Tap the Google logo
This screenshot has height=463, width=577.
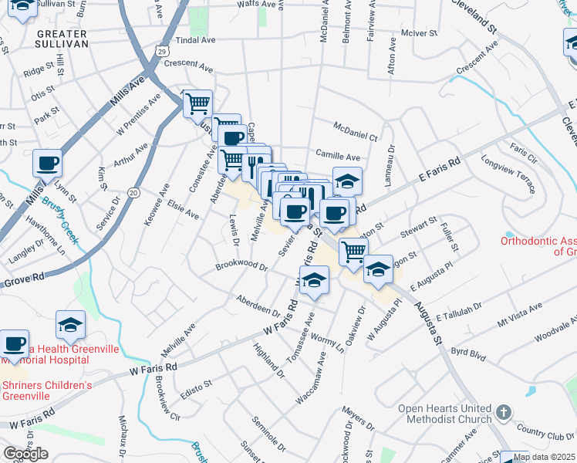(25, 454)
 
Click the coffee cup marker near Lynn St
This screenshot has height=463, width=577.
(47, 164)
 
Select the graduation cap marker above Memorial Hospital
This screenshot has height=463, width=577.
(70, 325)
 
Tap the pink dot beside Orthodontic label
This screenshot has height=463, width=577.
(508, 234)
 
